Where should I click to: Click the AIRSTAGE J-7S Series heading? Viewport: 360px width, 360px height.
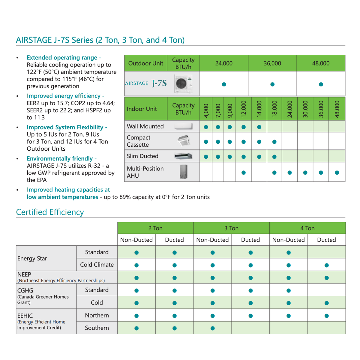100,40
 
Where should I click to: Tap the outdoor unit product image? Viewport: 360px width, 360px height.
183,84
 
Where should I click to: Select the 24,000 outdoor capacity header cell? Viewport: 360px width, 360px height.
224,63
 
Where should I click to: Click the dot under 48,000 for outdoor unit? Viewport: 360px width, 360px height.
321,84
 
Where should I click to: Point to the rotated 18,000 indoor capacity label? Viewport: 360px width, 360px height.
274,109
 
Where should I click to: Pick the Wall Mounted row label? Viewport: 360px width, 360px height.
145,127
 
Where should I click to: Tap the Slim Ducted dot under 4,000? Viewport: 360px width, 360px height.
206,157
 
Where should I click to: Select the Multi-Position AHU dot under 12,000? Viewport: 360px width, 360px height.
244,172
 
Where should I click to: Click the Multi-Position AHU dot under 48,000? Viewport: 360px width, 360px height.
337,172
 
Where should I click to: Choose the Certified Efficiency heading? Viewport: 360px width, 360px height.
50,212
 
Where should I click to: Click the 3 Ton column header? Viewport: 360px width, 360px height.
231,228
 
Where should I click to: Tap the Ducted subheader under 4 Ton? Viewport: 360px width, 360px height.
326,240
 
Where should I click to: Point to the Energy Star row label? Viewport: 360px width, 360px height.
32,259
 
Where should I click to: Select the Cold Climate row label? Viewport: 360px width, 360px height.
97,265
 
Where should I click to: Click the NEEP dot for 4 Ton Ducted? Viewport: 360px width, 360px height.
327,278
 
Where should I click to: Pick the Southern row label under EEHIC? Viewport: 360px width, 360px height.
97,328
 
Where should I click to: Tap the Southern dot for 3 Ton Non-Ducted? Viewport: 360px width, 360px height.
212,328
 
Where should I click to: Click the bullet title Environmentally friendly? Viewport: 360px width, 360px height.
61,158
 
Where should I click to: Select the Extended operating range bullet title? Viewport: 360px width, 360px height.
64,58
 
